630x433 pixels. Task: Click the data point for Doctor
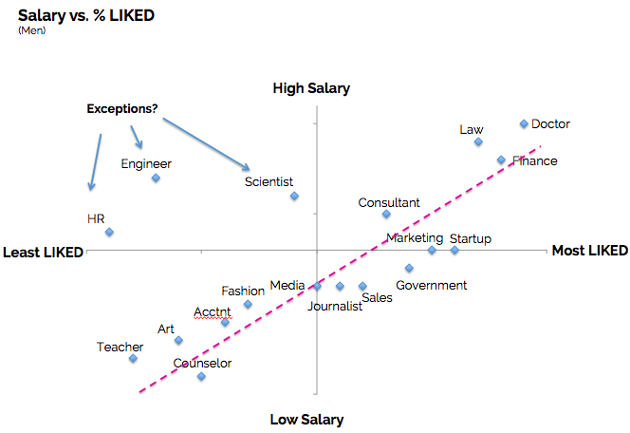[x=524, y=123]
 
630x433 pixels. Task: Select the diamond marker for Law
[x=478, y=141]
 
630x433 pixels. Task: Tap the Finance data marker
[x=501, y=160]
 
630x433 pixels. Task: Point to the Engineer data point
[x=156, y=178]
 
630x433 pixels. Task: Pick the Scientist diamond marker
[x=294, y=196]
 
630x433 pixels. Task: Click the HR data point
[x=109, y=232]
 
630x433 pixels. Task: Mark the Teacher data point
[x=133, y=358]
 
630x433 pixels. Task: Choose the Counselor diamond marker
[x=201, y=376]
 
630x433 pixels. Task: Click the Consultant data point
[x=386, y=214]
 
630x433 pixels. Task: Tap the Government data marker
[x=409, y=268]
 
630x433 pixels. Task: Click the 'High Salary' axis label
[x=311, y=88]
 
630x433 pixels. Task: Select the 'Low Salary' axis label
[x=306, y=419]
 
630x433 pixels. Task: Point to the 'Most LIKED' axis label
[x=589, y=251]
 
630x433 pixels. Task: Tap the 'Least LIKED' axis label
[x=44, y=252]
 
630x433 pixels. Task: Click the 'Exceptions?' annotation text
[x=122, y=108]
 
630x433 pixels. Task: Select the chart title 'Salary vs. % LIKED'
[x=86, y=16]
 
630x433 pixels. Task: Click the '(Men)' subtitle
[x=31, y=30]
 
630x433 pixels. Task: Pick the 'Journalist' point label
[x=335, y=306]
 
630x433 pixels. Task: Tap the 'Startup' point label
[x=470, y=238]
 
